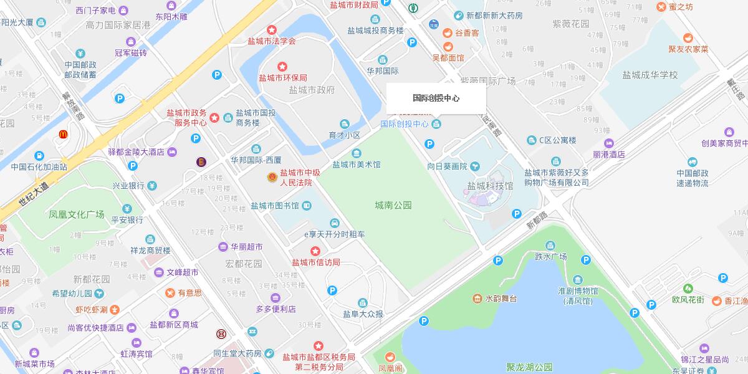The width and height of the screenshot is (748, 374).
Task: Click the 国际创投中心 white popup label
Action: coord(436,98)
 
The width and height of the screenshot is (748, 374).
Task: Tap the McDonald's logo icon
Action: coord(63,134)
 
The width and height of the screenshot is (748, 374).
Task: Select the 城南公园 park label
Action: coord(393,205)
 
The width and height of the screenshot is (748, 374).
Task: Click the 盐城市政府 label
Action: coord(312,90)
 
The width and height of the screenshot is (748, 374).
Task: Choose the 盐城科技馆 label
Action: coord(490,186)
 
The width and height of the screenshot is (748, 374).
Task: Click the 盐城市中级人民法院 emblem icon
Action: coord(271,178)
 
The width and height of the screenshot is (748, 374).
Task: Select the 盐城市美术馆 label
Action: coord(356,165)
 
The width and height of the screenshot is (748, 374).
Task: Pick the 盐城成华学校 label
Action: coord(650,75)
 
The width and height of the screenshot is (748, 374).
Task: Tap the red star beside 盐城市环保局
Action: coord(282,66)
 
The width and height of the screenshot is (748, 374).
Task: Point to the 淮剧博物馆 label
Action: coord(578,291)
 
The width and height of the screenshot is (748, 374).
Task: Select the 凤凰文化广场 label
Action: coord(77,214)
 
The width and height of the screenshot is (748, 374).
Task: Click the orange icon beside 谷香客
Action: coord(447,33)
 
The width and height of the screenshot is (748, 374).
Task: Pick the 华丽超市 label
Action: coord(247,246)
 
